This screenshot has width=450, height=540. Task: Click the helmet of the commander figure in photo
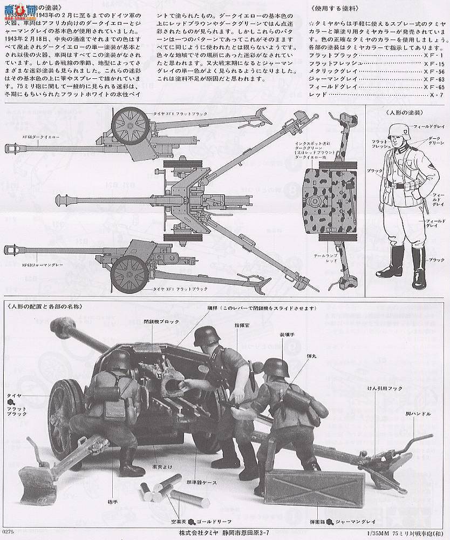coord(204,335)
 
